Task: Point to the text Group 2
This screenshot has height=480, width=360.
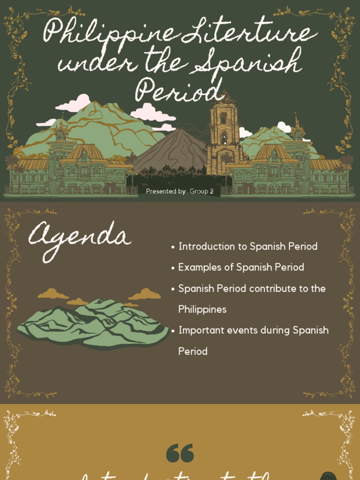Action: (202, 191)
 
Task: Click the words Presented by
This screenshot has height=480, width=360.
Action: (166, 191)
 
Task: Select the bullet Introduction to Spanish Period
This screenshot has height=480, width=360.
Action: (248, 247)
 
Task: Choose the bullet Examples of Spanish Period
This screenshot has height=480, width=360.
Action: (241, 267)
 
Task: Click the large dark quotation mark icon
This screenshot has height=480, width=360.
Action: (180, 453)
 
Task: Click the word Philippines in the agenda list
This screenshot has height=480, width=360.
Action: (202, 309)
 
